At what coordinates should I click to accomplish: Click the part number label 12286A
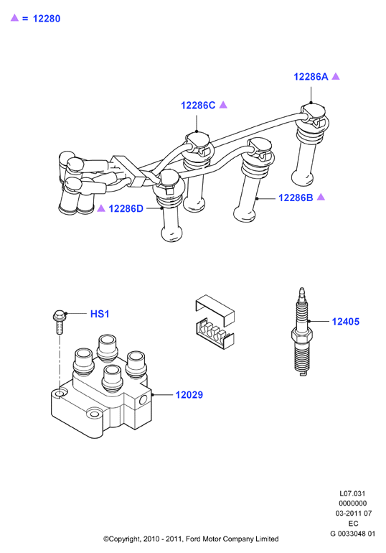[x=311, y=77]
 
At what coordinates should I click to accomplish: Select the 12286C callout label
[x=198, y=105]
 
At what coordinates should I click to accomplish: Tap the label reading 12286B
[x=296, y=197]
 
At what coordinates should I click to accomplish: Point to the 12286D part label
[x=126, y=209]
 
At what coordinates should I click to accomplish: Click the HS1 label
[x=100, y=314]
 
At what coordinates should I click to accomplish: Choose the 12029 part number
[x=189, y=395]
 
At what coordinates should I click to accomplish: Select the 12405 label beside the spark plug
[x=346, y=322]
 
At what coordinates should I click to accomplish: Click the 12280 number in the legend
[x=47, y=19]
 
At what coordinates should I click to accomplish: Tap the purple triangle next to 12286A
[x=336, y=76]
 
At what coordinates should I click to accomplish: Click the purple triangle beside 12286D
[x=101, y=208]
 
